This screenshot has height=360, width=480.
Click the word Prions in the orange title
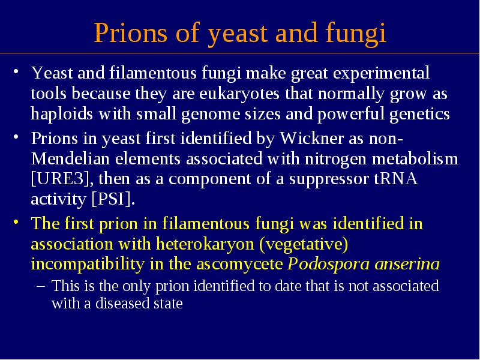[x=130, y=32]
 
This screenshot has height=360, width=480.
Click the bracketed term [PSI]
[x=113, y=199]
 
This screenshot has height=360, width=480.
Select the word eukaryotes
[x=239, y=94]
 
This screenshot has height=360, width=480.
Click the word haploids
[x=62, y=114]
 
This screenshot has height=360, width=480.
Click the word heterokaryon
[x=205, y=245]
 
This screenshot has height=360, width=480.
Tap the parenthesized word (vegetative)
[x=304, y=245]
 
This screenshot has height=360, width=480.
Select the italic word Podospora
[x=328, y=265]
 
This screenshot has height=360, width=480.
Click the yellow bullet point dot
[x=16, y=222]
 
